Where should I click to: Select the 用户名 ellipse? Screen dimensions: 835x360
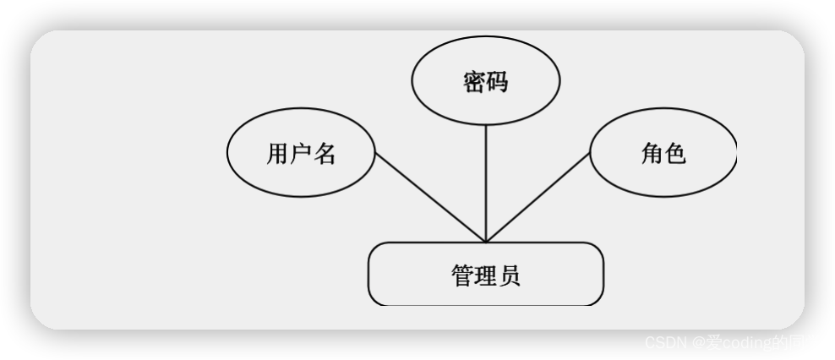[x=301, y=153]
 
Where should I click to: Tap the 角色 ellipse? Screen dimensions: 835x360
[x=663, y=153]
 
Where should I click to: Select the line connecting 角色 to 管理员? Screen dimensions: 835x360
[x=538, y=198]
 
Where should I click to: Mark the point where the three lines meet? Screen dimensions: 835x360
[x=486, y=242]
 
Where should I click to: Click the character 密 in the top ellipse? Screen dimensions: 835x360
[x=473, y=82]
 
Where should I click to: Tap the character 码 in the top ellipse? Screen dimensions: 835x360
[x=496, y=82]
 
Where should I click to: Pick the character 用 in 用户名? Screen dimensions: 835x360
[x=278, y=154]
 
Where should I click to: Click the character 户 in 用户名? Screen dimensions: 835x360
[x=301, y=154]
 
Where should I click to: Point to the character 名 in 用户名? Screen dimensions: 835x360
[x=325, y=154]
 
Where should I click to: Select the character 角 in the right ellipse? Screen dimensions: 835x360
[x=652, y=154]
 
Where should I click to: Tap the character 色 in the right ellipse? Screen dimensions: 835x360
[x=675, y=154]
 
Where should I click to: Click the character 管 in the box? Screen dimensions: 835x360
[x=462, y=275]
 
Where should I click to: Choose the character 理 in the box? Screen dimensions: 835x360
[x=486, y=275]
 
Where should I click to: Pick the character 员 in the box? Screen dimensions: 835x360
[x=509, y=275]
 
